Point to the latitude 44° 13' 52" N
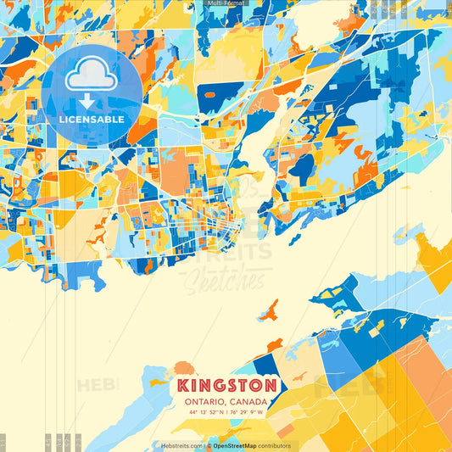point(203,412)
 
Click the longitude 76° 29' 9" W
point(245,412)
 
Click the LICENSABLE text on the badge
point(92,120)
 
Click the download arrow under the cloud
point(87,103)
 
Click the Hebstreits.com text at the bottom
point(181,445)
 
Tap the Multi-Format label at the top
point(226,4)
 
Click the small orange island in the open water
point(269,311)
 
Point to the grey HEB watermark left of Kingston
point(93,386)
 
